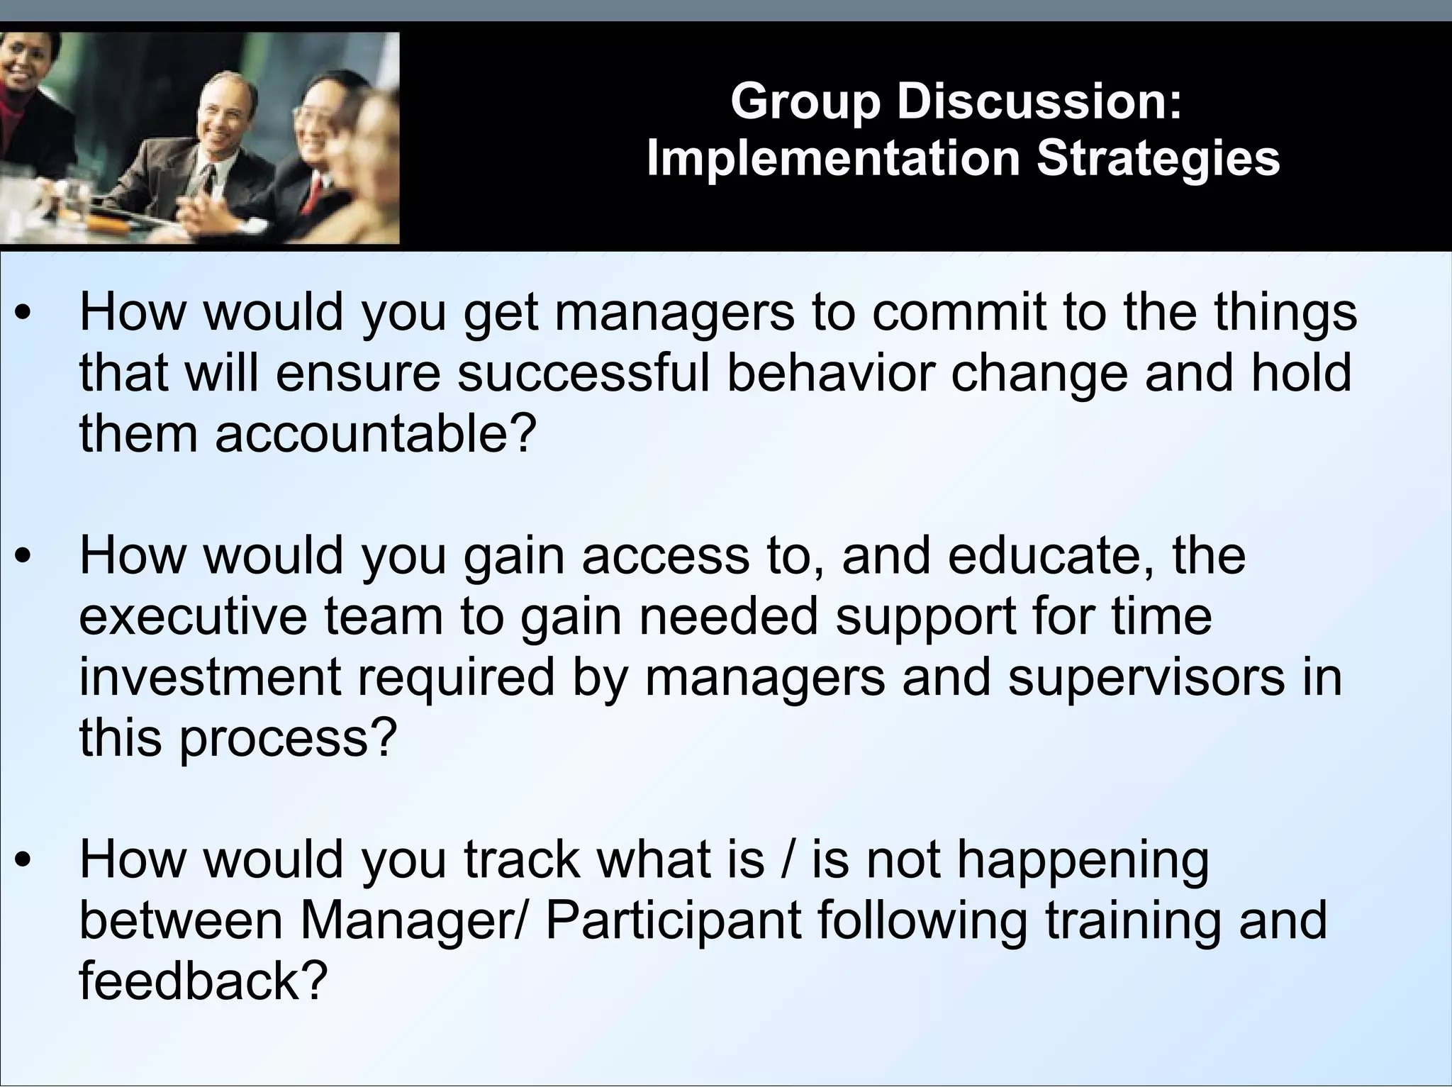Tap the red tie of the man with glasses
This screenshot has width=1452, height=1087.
pos(313,195)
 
